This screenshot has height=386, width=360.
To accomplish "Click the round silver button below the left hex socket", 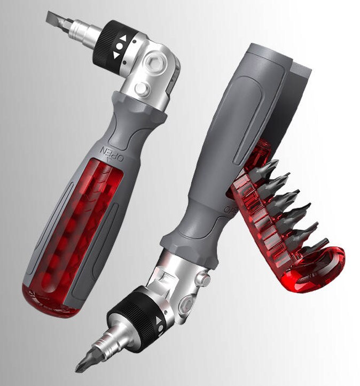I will click(x=142, y=89).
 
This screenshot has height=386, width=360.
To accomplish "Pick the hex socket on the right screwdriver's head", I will click(x=187, y=305).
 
